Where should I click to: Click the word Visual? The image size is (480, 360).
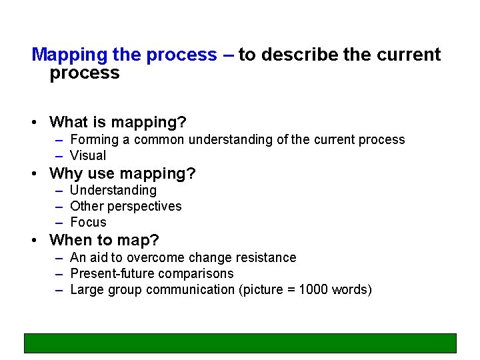pyautogui.click(x=88, y=156)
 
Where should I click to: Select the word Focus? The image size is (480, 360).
pyautogui.click(x=88, y=223)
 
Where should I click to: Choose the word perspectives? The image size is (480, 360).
pyautogui.click(x=142, y=207)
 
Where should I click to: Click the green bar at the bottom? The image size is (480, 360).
pyautogui.click(x=240, y=343)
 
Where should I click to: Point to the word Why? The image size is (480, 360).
pyautogui.click(x=65, y=174)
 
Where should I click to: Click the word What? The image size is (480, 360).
pyautogui.click(x=69, y=123)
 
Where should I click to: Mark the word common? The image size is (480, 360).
pyautogui.click(x=159, y=140)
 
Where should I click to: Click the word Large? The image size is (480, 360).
pyautogui.click(x=86, y=289)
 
